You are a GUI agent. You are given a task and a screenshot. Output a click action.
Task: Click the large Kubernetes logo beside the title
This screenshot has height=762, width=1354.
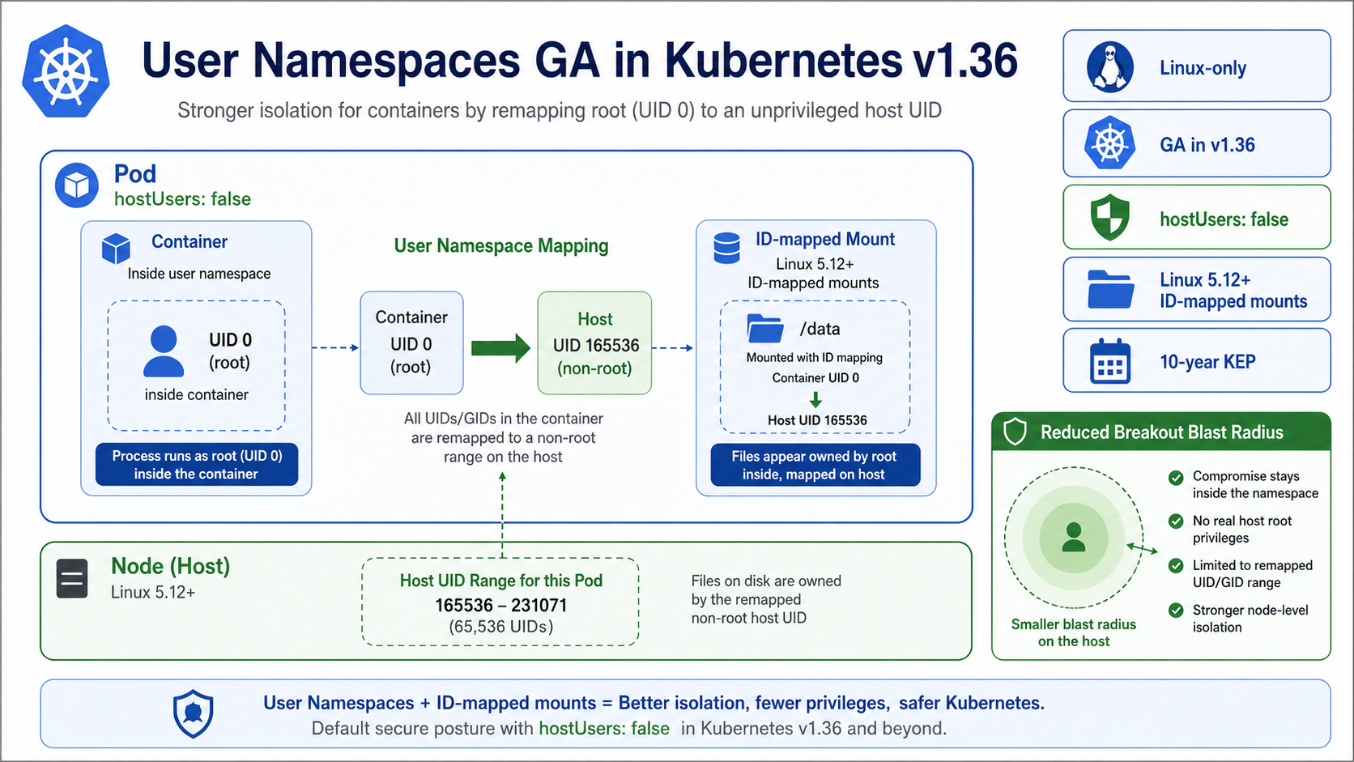(66, 71)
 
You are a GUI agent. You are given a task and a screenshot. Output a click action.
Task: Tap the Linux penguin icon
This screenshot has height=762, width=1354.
(1109, 67)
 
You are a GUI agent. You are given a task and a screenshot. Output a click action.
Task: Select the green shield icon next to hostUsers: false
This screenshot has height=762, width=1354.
(1109, 217)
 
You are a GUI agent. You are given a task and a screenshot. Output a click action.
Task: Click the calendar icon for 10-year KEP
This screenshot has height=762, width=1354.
(1109, 361)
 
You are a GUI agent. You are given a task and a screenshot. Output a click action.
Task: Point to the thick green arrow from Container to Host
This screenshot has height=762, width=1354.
(500, 347)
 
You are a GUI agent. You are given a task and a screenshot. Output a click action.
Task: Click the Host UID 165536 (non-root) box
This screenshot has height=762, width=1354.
(594, 343)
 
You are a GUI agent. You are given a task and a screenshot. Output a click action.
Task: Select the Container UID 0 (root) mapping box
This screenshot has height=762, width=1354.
(411, 343)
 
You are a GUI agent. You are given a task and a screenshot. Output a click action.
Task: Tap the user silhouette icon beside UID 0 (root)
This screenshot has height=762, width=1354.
(164, 351)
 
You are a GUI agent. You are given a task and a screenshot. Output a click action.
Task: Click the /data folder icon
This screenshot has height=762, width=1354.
(764, 329)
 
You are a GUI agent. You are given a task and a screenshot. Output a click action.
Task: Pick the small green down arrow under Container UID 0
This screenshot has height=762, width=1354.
(815, 399)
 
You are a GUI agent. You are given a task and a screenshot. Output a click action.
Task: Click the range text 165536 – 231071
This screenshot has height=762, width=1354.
(500, 605)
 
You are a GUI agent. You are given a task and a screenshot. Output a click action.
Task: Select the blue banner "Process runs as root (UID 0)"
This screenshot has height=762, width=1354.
(197, 465)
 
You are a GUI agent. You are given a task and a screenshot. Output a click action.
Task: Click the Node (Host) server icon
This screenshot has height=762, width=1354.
(72, 578)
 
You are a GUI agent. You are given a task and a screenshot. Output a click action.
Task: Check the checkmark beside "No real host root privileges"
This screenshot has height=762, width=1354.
(1176, 521)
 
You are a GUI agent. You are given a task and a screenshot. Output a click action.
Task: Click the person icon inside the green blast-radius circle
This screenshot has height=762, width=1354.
(1074, 537)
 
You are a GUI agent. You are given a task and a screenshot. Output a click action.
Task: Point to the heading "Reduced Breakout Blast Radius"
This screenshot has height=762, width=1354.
(1161, 432)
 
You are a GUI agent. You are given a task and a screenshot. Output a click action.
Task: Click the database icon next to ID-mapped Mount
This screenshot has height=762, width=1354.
(726, 248)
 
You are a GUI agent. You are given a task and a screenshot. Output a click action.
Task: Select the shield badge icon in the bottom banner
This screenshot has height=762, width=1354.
(194, 713)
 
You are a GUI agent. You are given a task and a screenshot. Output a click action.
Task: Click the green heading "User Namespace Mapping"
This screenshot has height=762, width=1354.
(500, 246)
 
